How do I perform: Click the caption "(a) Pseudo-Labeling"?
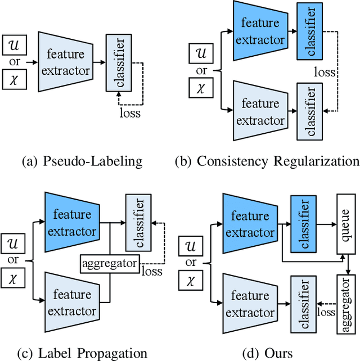click(x=82, y=162)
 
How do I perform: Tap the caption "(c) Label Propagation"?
click(x=82, y=353)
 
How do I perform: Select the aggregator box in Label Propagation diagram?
click(x=109, y=263)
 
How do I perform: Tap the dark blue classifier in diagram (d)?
click(x=302, y=224)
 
